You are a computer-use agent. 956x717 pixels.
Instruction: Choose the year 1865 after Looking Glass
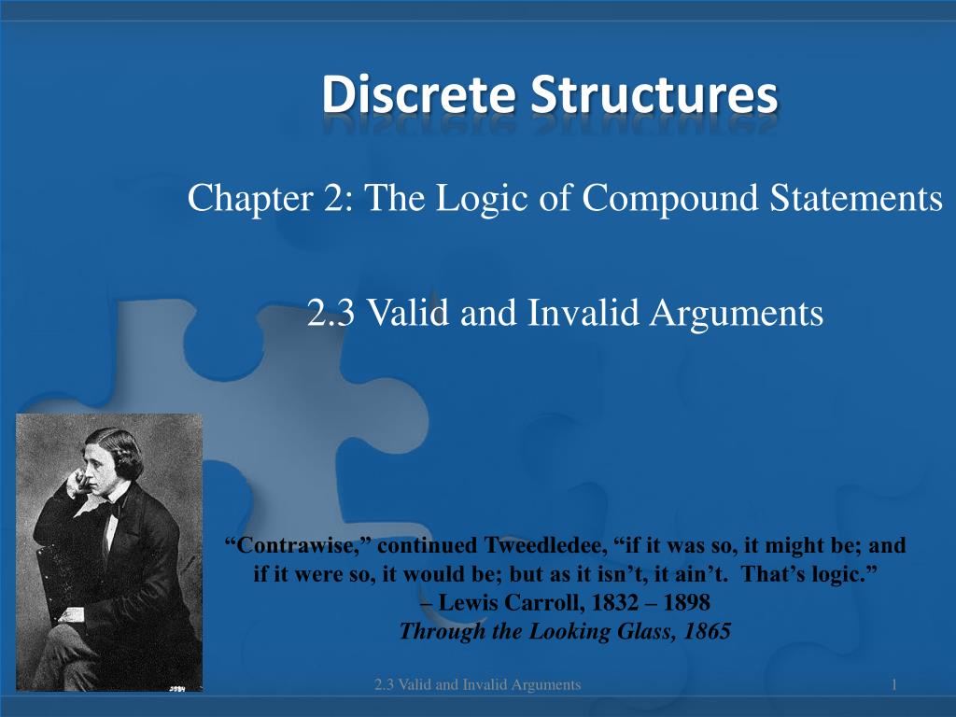point(707,631)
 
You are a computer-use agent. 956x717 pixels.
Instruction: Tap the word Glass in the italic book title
point(650,631)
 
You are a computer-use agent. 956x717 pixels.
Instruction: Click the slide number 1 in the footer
point(893,685)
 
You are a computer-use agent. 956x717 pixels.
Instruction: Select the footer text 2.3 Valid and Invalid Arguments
point(477,685)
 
